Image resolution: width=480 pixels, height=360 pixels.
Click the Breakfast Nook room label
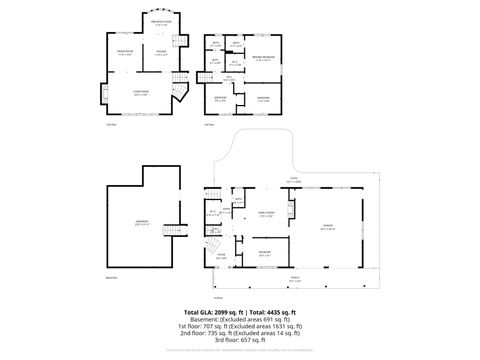[160, 21]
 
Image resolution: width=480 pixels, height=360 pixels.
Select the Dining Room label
[126, 51]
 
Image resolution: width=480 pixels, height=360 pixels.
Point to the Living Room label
[141, 93]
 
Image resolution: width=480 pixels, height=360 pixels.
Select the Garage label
[326, 227]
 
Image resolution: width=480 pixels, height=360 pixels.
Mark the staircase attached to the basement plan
[176, 231]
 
